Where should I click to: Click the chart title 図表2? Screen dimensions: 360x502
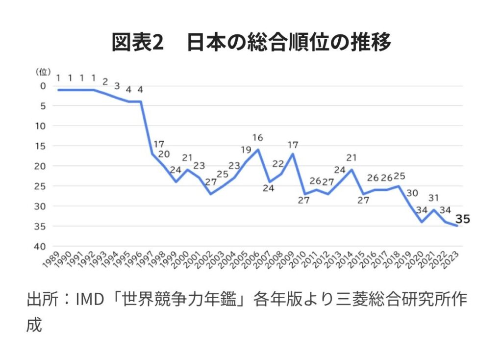tap(137, 43)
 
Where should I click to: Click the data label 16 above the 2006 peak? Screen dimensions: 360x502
tap(258, 138)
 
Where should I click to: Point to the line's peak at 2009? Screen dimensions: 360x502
tap(293, 154)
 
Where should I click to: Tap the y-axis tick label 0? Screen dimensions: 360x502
tap(43, 86)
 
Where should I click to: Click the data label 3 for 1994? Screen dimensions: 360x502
tap(117, 85)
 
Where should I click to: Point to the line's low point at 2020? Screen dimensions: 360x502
tap(422, 222)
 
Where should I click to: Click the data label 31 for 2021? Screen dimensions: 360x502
tap(433, 198)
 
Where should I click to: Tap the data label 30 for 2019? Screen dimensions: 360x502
tap(411, 193)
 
